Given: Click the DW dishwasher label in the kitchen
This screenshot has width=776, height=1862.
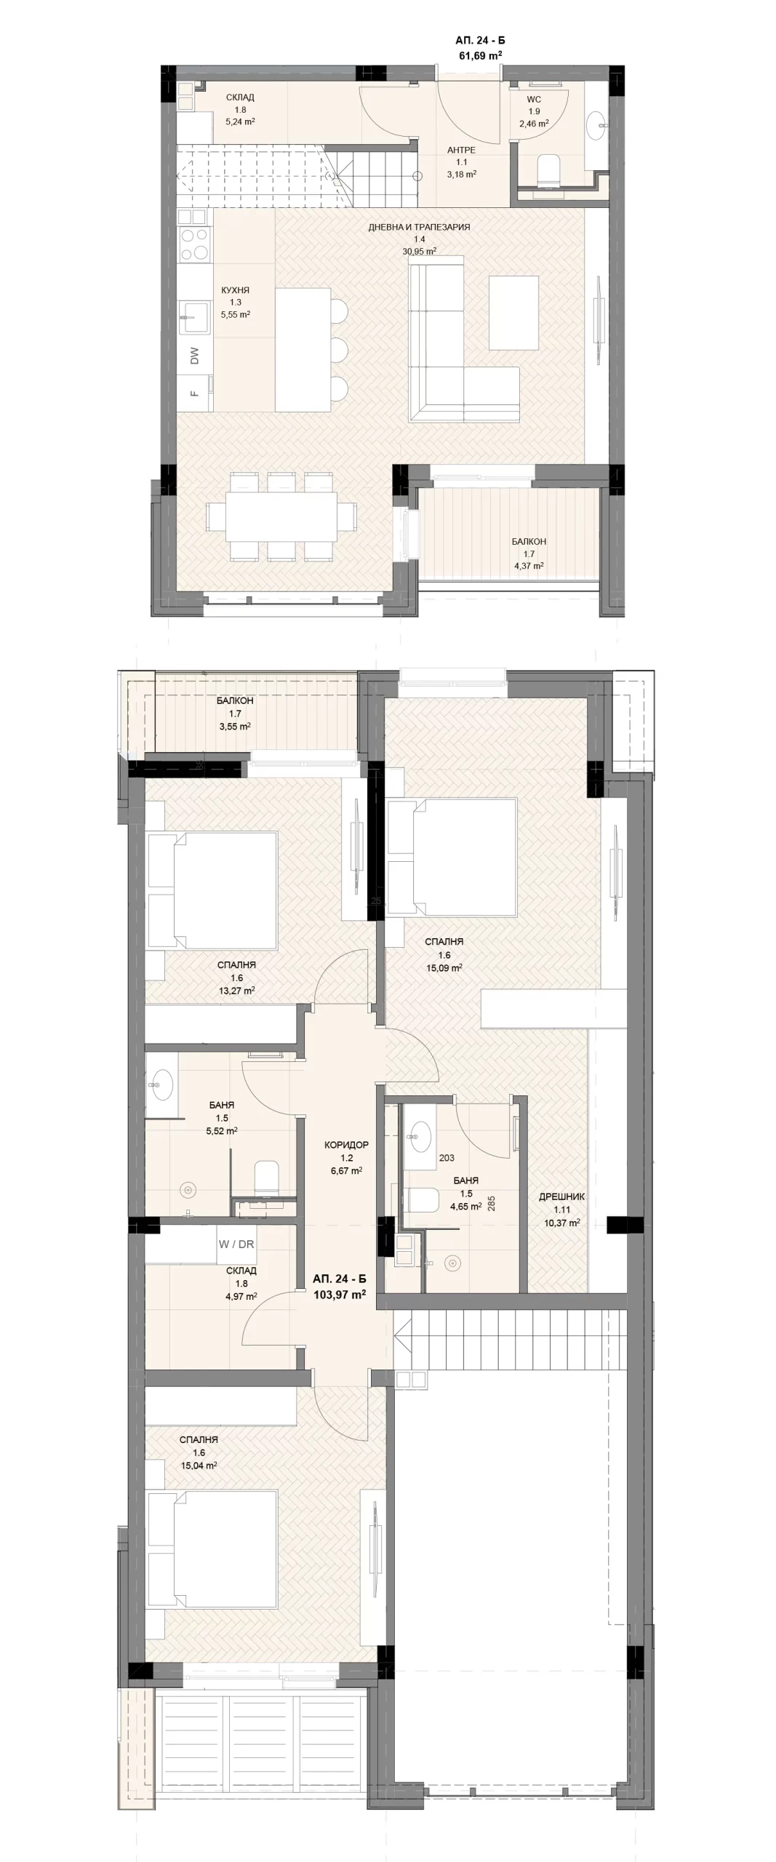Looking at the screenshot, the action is [194, 356].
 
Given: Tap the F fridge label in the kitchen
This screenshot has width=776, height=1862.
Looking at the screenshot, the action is [194, 393].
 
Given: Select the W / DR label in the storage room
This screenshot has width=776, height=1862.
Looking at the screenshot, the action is [236, 1244].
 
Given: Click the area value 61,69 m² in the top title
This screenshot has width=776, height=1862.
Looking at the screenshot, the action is [480, 55].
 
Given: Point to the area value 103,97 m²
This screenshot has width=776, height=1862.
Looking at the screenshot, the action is [339, 1294].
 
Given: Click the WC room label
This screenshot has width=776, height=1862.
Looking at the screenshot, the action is [534, 100].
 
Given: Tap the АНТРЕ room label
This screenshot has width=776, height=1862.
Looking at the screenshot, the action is [461, 151].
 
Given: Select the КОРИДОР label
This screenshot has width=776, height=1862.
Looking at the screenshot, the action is [346, 1145].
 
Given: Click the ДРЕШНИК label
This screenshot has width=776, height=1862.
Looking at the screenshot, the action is [561, 1196].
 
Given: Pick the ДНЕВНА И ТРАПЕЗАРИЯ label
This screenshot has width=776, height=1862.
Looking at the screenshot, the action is [419, 227].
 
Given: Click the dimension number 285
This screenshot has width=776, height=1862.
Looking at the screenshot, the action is [492, 1204].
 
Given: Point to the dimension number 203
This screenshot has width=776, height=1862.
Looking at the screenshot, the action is [447, 1158].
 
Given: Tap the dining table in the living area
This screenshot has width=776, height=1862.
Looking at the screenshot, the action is [281, 516].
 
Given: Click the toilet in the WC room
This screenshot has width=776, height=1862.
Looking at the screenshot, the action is [548, 172].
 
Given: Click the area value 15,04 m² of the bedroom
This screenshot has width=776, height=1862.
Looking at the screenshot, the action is [199, 1466].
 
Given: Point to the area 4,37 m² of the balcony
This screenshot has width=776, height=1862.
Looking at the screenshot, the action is [529, 565].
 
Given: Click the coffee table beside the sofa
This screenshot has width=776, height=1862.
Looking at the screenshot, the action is [514, 313].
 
